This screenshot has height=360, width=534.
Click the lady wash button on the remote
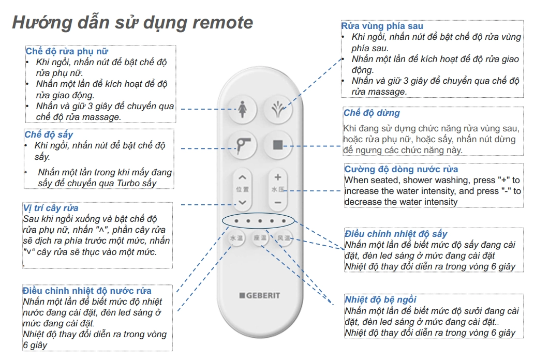(x=242, y=109)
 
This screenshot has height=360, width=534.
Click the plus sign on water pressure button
(x=278, y=177)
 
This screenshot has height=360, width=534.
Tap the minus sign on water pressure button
(x=278, y=203)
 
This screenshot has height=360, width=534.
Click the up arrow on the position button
(x=242, y=177)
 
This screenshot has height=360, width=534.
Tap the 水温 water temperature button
(x=236, y=238)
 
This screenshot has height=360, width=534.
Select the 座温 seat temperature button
(x=260, y=238)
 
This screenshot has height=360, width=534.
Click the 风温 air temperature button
(x=283, y=238)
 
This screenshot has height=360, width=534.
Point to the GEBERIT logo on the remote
(x=260, y=295)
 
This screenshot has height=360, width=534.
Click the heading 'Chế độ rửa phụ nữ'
(x=67, y=51)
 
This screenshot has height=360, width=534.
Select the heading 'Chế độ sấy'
(x=49, y=134)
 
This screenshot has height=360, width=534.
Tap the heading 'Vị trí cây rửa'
(x=50, y=208)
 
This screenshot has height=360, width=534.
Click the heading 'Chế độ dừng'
(x=372, y=113)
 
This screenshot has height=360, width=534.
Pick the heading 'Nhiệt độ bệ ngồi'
(x=380, y=299)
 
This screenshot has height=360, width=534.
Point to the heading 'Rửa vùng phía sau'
(x=382, y=26)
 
